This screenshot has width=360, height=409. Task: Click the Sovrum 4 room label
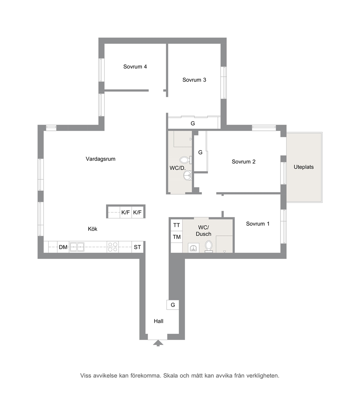[135, 67]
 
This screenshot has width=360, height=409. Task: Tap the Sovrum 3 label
[194, 80]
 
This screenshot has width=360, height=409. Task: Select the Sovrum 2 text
[244, 162]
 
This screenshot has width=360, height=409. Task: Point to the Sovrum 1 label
[258, 224]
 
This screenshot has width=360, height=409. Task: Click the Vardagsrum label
[101, 159]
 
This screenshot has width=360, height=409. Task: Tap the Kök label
[93, 229]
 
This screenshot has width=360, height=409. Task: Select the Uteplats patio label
[304, 167]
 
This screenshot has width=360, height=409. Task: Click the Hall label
[159, 321]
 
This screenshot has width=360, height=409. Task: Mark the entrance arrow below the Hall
[158, 343]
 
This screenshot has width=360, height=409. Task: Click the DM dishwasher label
[63, 247]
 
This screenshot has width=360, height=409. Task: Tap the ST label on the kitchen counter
[138, 247]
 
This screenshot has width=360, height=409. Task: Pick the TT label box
[176, 225]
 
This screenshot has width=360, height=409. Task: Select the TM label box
[176, 237]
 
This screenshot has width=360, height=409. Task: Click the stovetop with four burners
[112, 247]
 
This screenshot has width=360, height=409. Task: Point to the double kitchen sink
[77, 247]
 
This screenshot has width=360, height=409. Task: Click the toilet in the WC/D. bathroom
[186, 159]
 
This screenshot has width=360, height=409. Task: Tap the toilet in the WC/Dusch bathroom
[209, 247]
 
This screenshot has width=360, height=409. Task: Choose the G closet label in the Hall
[173, 305]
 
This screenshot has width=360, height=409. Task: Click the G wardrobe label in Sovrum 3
[193, 123]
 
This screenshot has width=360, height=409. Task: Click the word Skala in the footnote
[171, 376]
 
